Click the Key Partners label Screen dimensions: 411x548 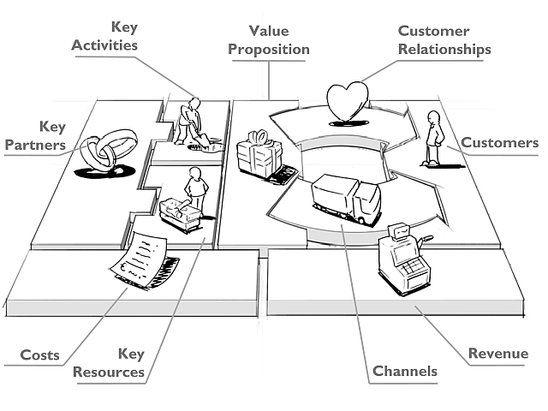tap(35, 136)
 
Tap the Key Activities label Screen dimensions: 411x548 tap(104, 36)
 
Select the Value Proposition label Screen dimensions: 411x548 tap(269, 40)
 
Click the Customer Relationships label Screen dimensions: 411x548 tap(444, 40)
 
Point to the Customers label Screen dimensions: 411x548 tap(500, 142)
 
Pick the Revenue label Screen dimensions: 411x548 tap(497, 354)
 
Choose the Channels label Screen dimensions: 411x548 tap(405, 371)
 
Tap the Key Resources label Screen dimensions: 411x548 tap(109, 362)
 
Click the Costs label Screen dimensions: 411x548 tap(39, 354)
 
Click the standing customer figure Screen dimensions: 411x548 tap(433, 138)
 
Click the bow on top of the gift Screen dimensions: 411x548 tap(259, 137)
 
